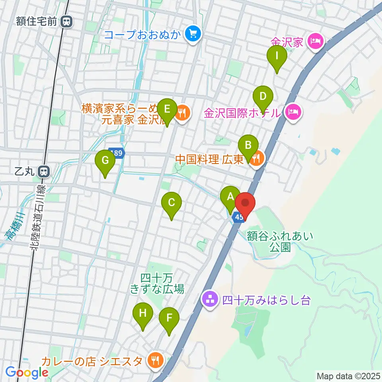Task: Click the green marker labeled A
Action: (230, 197)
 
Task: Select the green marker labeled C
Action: (172, 203)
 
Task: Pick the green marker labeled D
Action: (263, 97)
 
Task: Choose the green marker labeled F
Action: (169, 318)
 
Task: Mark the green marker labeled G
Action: (105, 161)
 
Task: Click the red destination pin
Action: (245, 203)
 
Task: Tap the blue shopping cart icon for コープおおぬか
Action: (193, 35)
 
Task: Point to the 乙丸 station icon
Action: (43, 172)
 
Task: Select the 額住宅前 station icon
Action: (67, 22)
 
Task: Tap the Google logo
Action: (27, 373)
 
